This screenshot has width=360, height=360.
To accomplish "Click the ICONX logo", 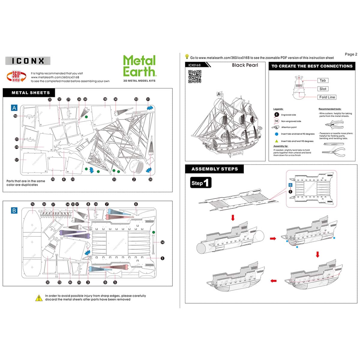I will [x=28, y=61].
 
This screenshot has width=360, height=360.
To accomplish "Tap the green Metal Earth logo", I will [x=139, y=66].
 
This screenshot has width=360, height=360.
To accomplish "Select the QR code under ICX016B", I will [x=194, y=76].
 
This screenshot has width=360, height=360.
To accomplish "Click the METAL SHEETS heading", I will [x=31, y=93].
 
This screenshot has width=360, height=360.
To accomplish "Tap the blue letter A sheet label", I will [x=14, y=108].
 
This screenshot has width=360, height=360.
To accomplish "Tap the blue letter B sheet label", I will [x=14, y=210].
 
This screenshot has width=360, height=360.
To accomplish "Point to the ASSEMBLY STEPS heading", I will [x=214, y=169].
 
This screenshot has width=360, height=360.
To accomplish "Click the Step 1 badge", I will [x=201, y=183].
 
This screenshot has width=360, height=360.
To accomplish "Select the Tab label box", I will [x=322, y=80].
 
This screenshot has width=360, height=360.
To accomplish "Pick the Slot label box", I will [x=323, y=89].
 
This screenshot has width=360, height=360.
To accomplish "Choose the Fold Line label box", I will [x=327, y=97].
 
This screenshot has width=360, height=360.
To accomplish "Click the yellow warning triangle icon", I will [x=39, y=298].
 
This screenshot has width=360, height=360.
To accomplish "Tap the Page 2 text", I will [x=351, y=54].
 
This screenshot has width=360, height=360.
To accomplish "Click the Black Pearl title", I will [x=245, y=65].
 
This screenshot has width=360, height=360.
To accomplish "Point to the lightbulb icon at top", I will [x=187, y=57].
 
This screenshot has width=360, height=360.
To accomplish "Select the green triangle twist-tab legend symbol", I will [x=277, y=141].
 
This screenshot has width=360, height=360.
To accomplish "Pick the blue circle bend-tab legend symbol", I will [x=277, y=134].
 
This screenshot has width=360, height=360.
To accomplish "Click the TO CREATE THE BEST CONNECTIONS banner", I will [x=312, y=66].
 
